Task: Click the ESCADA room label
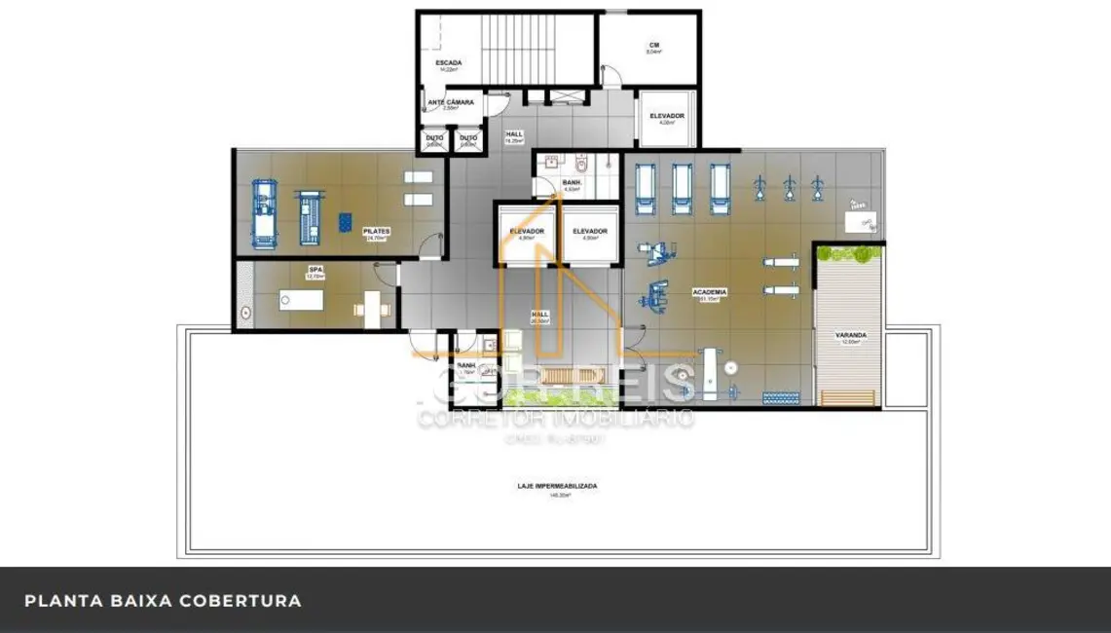(x=449, y=62)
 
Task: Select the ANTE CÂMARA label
(x=452, y=102)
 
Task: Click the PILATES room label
(x=376, y=232)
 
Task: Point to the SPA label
(x=315, y=270)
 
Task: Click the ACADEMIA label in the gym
(x=710, y=292)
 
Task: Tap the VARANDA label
(x=849, y=335)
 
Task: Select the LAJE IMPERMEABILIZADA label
(x=557, y=485)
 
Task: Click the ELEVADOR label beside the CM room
(x=667, y=116)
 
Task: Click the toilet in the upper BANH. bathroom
(x=581, y=167)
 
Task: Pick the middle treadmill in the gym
(x=682, y=188)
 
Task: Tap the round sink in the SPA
(x=243, y=314)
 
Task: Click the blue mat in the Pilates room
(x=345, y=223)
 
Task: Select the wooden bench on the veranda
(x=847, y=397)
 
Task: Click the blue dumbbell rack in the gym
(x=780, y=397)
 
